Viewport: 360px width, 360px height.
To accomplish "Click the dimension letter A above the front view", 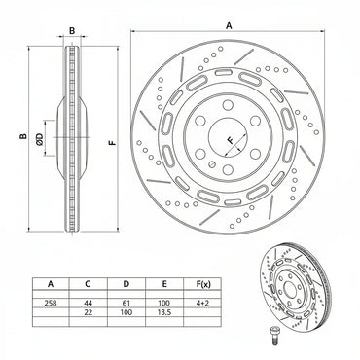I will [229, 25].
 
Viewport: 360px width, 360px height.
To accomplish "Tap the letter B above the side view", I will [72, 31].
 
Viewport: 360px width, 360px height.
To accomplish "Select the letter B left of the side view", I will [22, 137].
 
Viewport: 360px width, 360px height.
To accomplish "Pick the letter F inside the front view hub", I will [230, 141].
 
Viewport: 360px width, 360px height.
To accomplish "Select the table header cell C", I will [89, 284].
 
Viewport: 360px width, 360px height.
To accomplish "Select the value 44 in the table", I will [89, 303].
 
